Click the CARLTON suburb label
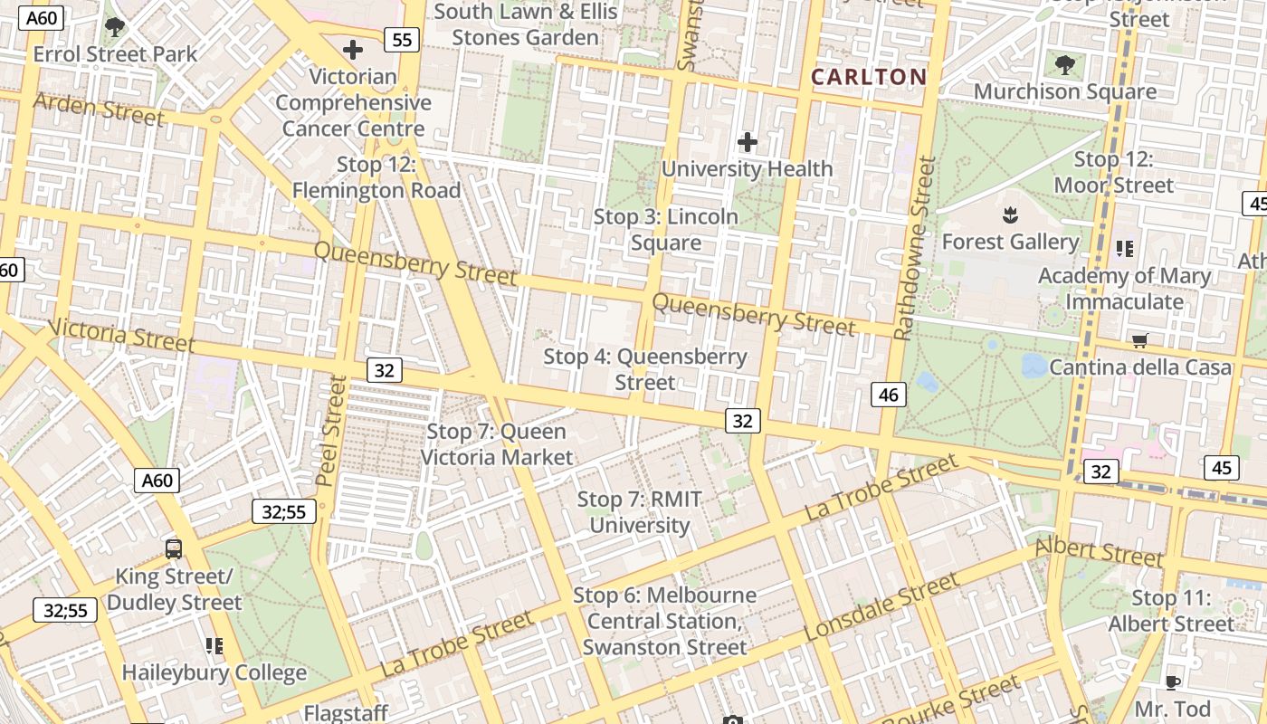pos(869,77)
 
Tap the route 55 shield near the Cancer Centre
pos(401,39)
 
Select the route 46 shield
pos(889,394)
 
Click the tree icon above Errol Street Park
pos(115,26)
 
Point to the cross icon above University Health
pos(748,142)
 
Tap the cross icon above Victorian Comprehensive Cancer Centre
pos(353,50)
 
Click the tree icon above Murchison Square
pos(1065,64)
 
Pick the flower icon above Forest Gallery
pos(1010,215)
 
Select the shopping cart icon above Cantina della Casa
pos(1140,341)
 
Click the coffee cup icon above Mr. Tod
pos(1173,681)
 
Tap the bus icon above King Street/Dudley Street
pos(174,549)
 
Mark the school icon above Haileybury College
pos(214,646)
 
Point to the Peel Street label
pos(332,430)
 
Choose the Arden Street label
pos(99,109)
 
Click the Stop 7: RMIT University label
pos(640,512)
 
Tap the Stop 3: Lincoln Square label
pos(666,230)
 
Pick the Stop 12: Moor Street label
pos(1113,172)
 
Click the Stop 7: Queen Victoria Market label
pos(497,444)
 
